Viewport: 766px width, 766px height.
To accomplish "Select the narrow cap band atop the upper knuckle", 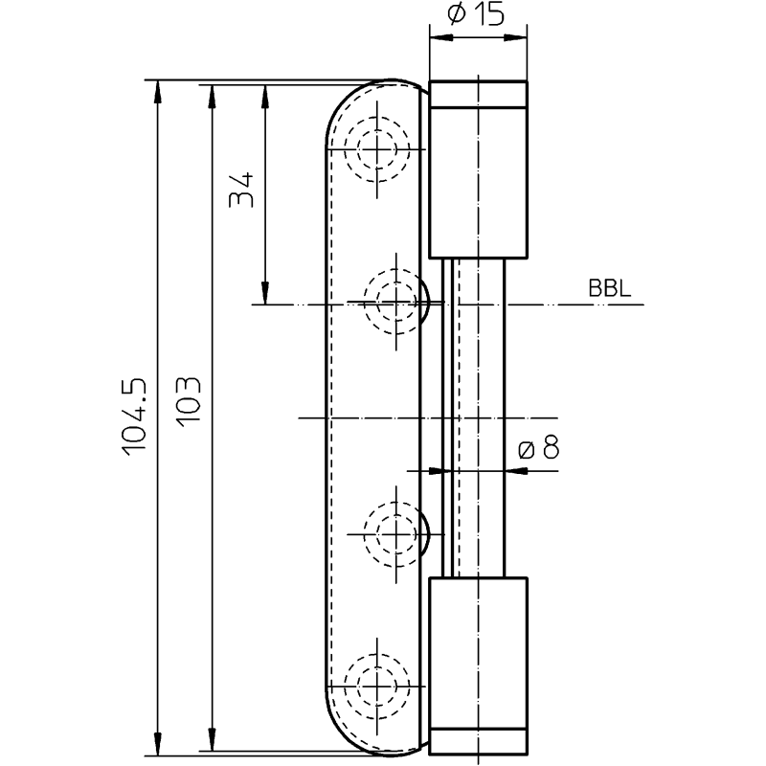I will point(478,94).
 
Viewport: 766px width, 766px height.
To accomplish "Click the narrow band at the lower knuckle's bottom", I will point(478,740).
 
